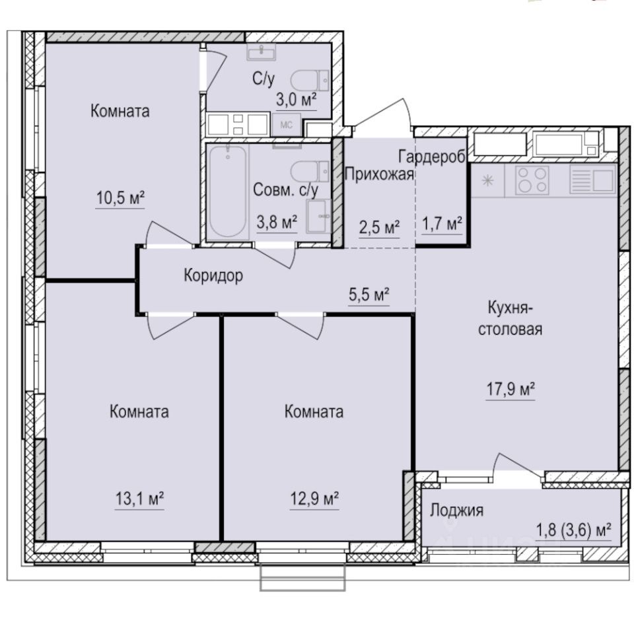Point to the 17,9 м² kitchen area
(510, 390)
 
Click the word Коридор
(213, 275)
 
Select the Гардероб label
(433, 155)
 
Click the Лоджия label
(457, 510)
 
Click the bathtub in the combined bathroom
(227, 192)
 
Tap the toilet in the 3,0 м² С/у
(306, 80)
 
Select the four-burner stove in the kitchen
(532, 178)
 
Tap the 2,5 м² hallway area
(379, 228)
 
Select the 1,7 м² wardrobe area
(441, 225)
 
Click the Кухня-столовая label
(510, 318)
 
